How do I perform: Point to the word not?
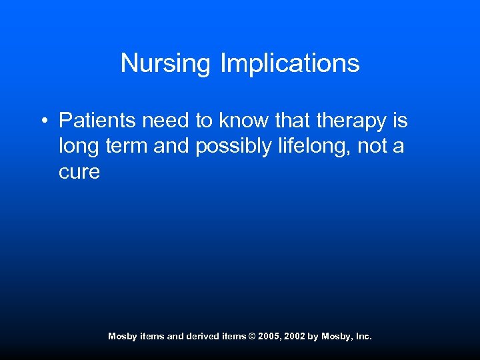click(x=372, y=147)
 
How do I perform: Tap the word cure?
click(x=79, y=173)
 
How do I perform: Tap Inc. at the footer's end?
click(x=363, y=337)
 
